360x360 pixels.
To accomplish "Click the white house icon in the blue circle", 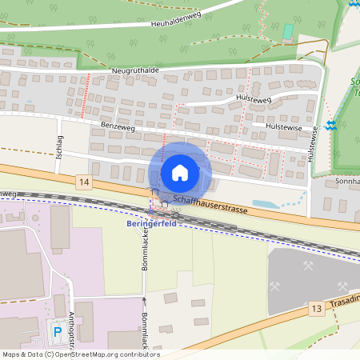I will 180,172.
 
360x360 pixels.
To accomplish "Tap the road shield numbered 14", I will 84,182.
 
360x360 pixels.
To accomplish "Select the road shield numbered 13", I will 318,309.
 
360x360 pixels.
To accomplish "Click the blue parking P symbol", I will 57,331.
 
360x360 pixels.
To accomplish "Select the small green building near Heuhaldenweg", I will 288,31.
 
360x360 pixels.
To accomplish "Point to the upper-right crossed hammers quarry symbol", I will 309,267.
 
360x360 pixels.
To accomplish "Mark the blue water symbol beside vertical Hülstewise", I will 330,126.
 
